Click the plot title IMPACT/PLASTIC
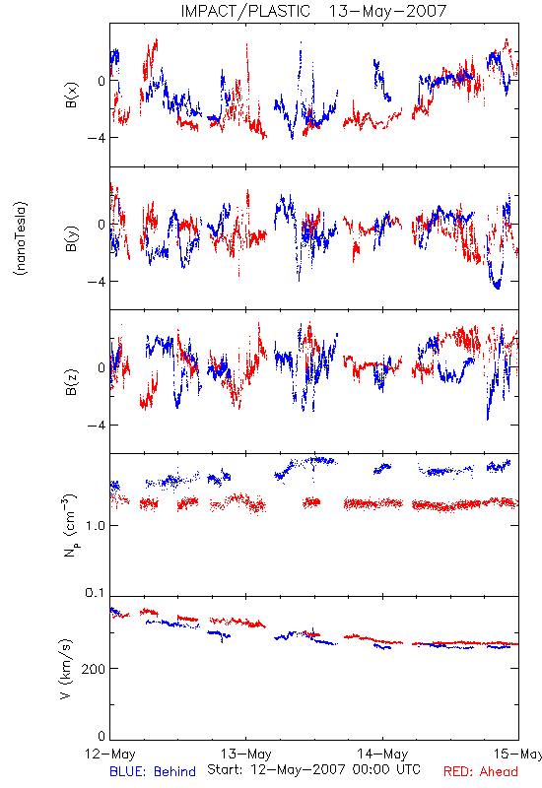pyautogui.click(x=245, y=11)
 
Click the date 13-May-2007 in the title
pyautogui.click(x=387, y=11)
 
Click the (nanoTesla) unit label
pyautogui.click(x=21, y=238)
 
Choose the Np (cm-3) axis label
pyautogui.click(x=70, y=525)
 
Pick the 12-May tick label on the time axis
pyautogui.click(x=110, y=754)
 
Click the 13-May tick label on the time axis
pyautogui.click(x=245, y=754)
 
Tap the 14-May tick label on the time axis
pyautogui.click(x=382, y=754)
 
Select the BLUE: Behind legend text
pyautogui.click(x=153, y=771)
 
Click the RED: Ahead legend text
pyautogui.click(x=481, y=771)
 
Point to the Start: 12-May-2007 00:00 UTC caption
pyautogui.click(x=313, y=769)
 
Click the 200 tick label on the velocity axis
pyautogui.click(x=93, y=669)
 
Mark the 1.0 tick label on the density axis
pyautogui.click(x=95, y=526)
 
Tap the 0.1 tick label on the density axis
pyautogui.click(x=95, y=593)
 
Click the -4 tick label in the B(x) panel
pyautogui.click(x=96, y=138)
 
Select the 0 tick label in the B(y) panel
pyautogui.click(x=102, y=225)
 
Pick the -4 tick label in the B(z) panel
pyautogui.click(x=96, y=426)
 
